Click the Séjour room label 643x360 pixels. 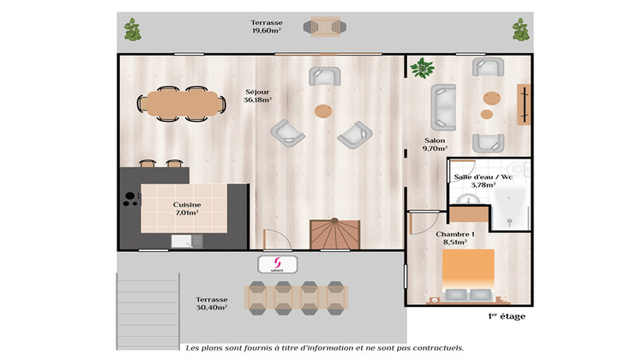point(257,95)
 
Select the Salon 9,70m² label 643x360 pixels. point(435,144)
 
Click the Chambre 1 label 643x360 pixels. point(454,238)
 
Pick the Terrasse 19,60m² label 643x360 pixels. point(267,27)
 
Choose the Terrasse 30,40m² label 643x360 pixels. point(210,302)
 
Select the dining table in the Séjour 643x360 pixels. point(181,103)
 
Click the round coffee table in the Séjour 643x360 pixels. point(322,111)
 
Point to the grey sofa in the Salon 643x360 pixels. point(445,105)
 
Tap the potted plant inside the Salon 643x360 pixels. point(422,68)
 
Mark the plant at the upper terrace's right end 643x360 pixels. point(520,30)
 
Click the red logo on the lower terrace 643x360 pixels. point(277,265)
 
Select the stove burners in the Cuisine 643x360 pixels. point(130,200)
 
